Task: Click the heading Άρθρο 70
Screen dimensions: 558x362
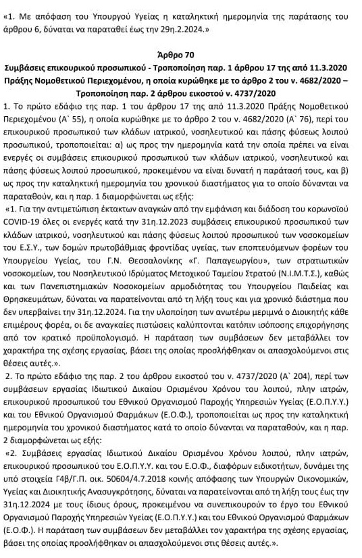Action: click(180, 55)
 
